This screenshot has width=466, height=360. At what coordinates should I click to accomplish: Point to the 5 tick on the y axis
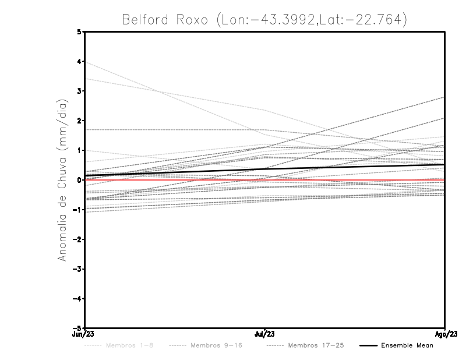[79, 32]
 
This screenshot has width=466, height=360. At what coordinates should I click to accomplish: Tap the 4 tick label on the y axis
[79, 62]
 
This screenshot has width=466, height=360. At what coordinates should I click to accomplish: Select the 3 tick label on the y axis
[79, 91]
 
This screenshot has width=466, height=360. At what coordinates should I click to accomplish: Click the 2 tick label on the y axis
[79, 121]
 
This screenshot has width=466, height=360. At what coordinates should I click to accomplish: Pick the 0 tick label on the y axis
[79, 180]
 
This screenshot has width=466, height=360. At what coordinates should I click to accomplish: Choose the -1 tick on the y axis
[77, 210]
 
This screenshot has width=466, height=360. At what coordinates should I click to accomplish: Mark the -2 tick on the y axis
[77, 239]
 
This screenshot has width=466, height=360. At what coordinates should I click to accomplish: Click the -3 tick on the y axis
[77, 269]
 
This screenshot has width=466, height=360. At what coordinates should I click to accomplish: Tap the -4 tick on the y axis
[77, 299]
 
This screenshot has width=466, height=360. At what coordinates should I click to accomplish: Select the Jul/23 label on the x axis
[265, 334]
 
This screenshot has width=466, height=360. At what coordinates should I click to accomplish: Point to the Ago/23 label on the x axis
[445, 334]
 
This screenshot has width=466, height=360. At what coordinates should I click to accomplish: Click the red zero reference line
[349, 180]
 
